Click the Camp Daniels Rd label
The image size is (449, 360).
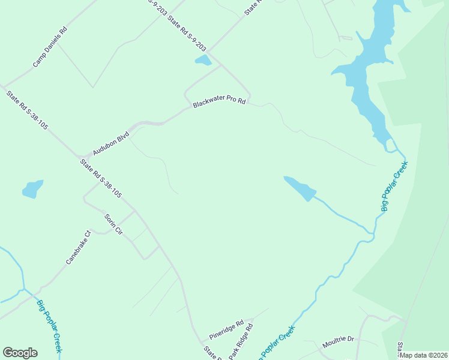[50, 46]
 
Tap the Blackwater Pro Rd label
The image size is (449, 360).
[220, 103]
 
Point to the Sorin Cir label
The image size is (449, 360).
[113, 224]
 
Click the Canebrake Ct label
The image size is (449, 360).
[78, 248]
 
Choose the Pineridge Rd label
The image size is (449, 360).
[226, 329]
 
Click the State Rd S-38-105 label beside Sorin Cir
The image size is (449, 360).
[101, 178]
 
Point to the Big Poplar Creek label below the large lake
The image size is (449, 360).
[394, 186]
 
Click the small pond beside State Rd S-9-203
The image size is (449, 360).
[203, 60]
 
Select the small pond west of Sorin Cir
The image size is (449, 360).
[32, 189]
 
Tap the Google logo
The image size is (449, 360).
[20, 353]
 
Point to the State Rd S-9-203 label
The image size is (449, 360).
[186, 33]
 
